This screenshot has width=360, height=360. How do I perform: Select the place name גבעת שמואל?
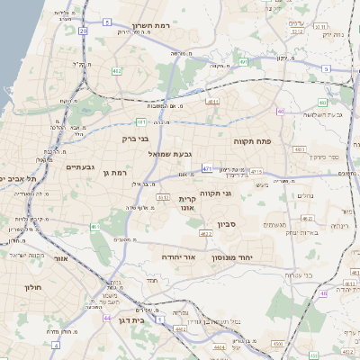(x=170, y=154)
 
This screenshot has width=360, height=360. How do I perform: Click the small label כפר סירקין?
(x=321, y=157)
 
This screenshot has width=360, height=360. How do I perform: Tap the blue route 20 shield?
(x=84, y=31)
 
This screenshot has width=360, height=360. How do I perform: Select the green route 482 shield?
(x=116, y=69)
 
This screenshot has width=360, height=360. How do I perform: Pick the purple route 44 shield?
(x=108, y=318)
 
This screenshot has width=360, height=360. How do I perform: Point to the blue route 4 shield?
(x=106, y=20)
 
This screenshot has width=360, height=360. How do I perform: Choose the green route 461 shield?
(x=94, y=228)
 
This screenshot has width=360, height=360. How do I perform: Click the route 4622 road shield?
(x=205, y=234)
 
